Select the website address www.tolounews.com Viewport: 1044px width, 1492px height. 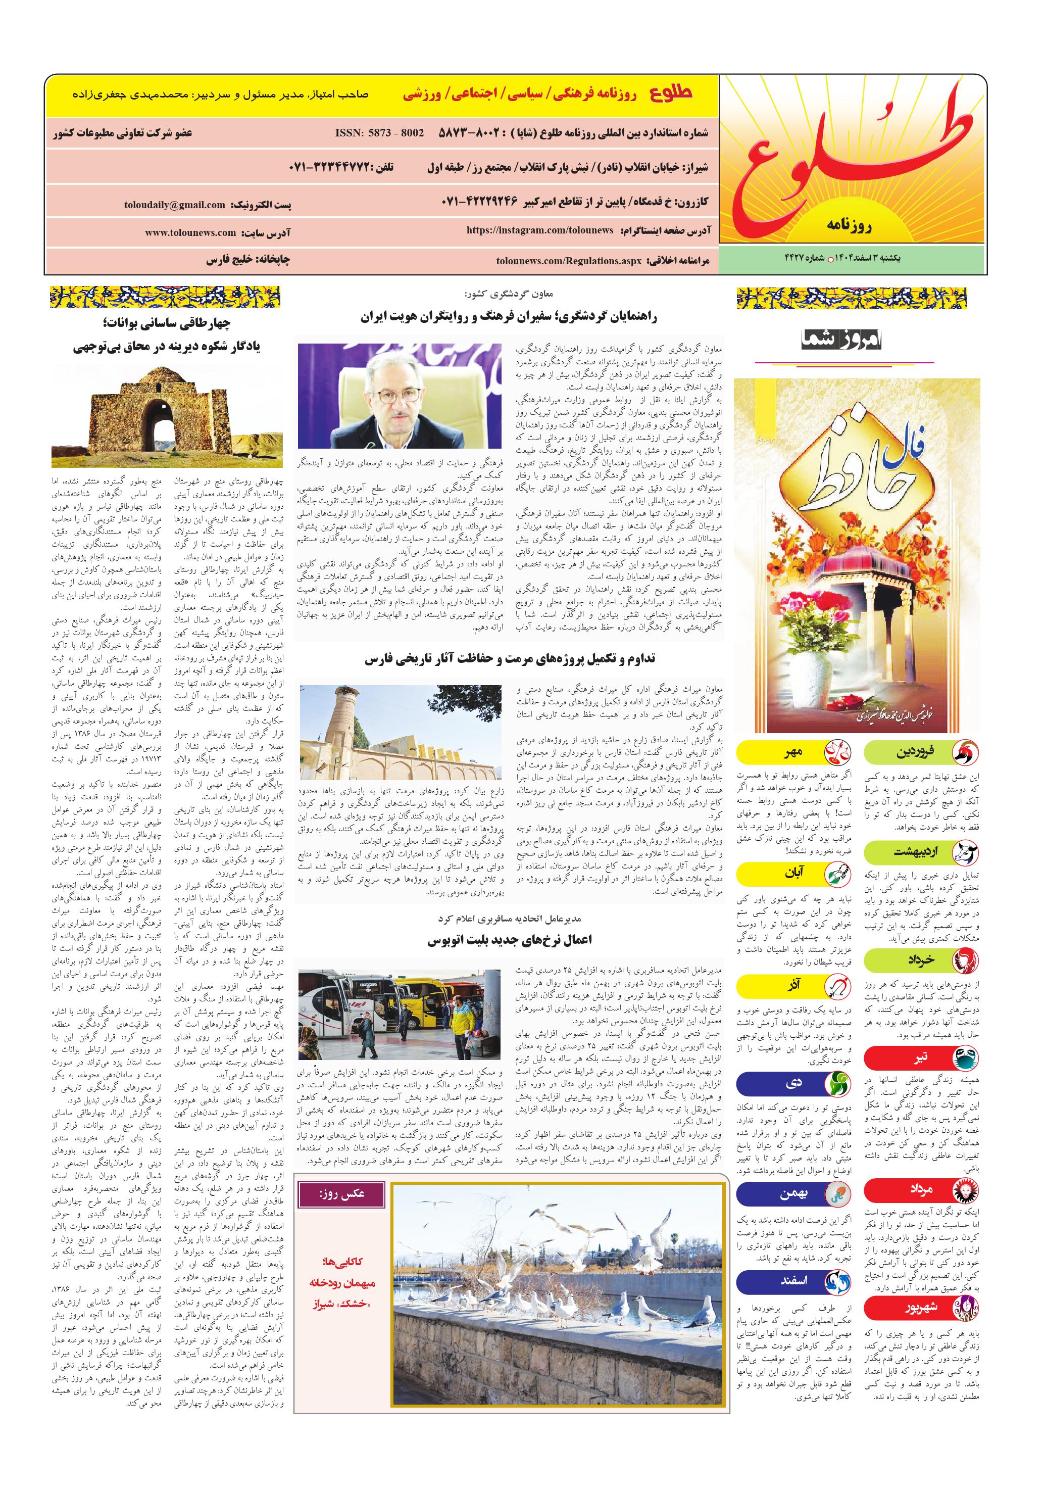click(190, 232)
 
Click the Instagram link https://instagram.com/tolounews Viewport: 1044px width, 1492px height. click(539, 230)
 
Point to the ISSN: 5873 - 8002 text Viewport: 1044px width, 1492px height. click(379, 132)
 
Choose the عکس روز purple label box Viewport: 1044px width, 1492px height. click(341, 1194)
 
